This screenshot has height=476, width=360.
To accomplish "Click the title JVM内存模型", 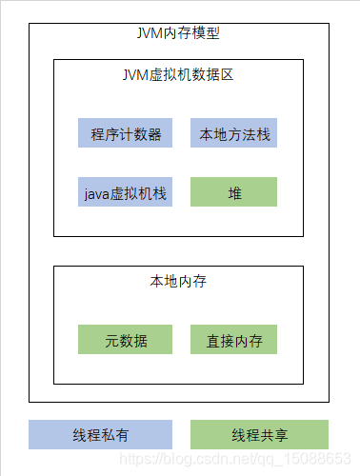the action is tap(179, 33).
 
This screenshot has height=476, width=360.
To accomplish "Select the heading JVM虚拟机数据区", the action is tap(178, 73).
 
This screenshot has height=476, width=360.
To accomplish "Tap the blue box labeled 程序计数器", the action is tap(125, 134).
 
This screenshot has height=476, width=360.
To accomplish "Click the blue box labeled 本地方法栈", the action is tap(233, 134).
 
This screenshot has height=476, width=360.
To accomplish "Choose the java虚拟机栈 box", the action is tap(125, 193).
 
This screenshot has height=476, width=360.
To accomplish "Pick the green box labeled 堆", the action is tap(233, 193).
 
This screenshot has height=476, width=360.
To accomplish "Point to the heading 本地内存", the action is tap(178, 281).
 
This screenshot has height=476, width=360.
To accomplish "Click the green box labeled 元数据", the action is tap(125, 340).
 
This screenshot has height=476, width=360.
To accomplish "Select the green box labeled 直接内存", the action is tap(233, 340).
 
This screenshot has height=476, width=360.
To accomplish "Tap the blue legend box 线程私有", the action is tap(100, 435).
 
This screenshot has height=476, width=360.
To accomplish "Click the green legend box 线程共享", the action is tap(259, 435).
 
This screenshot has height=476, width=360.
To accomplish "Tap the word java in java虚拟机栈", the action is tap(97, 193).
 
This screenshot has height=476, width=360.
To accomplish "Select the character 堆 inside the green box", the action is tap(233, 193).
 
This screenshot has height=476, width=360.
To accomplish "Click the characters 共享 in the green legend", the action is tap(273, 435).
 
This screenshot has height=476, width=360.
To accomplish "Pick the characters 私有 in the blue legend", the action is tap(114, 435).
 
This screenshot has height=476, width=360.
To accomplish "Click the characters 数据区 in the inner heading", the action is tap(212, 73).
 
